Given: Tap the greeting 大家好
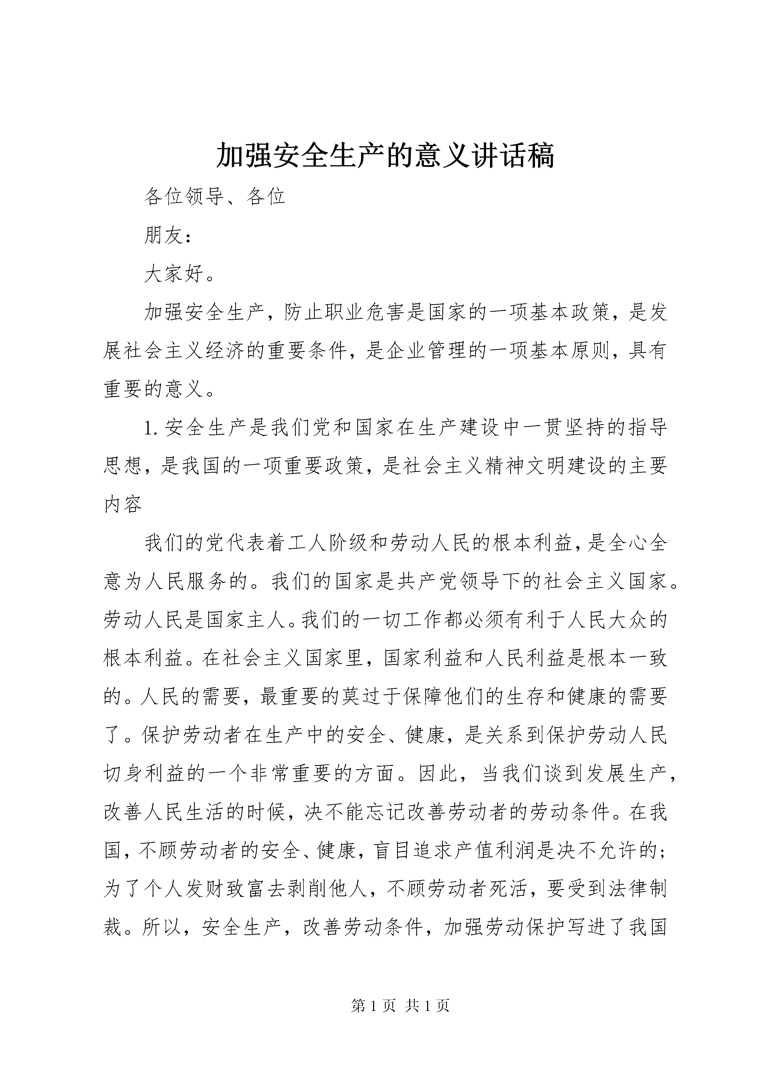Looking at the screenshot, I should [x=174, y=274].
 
